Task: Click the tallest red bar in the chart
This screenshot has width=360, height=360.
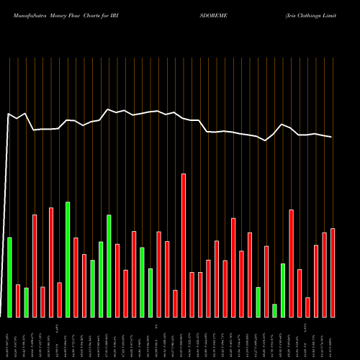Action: (184, 245)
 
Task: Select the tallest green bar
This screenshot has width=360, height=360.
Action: (68, 259)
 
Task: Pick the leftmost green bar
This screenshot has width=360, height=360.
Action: (9, 276)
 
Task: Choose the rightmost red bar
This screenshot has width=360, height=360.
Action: (333, 272)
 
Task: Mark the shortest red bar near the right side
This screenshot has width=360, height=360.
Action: (307, 307)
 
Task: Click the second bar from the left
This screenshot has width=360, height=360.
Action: (18, 300)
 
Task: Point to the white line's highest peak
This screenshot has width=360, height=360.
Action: (108, 109)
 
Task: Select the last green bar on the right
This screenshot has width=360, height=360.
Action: (283, 290)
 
